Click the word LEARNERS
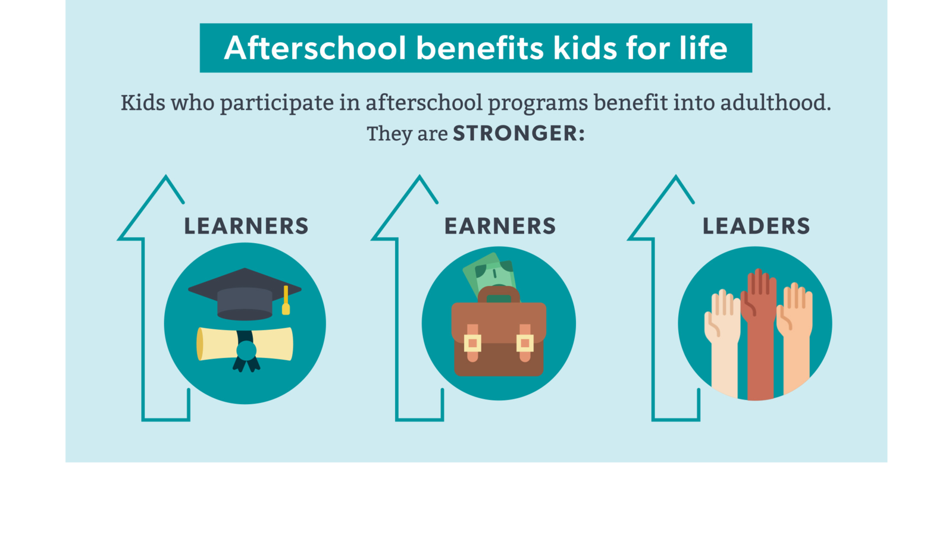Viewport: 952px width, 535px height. click(246, 226)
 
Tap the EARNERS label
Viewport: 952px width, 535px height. click(500, 226)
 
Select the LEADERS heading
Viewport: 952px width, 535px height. click(756, 226)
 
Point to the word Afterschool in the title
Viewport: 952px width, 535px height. click(315, 48)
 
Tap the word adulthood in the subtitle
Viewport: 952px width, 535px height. click(775, 103)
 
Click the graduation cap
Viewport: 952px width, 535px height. click(245, 294)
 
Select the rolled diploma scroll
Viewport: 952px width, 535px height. click(245, 345)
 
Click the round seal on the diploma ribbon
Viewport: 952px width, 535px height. click(246, 351)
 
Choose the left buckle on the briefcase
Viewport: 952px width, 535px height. click(472, 343)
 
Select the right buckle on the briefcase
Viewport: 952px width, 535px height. click(525, 343)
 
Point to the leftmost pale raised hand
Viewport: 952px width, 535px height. click(722, 339)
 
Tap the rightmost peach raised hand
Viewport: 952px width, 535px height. click(796, 335)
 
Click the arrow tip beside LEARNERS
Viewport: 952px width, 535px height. click(166, 175)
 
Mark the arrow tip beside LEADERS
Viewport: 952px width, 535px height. click(676, 175)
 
